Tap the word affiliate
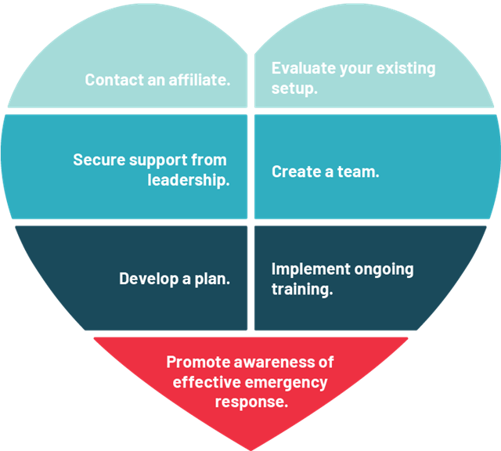click(201, 80)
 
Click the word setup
click(294, 88)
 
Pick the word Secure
click(98, 160)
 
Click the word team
click(359, 171)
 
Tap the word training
click(302, 290)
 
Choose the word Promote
click(197, 363)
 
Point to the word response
click(251, 403)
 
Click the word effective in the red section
click(206, 383)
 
